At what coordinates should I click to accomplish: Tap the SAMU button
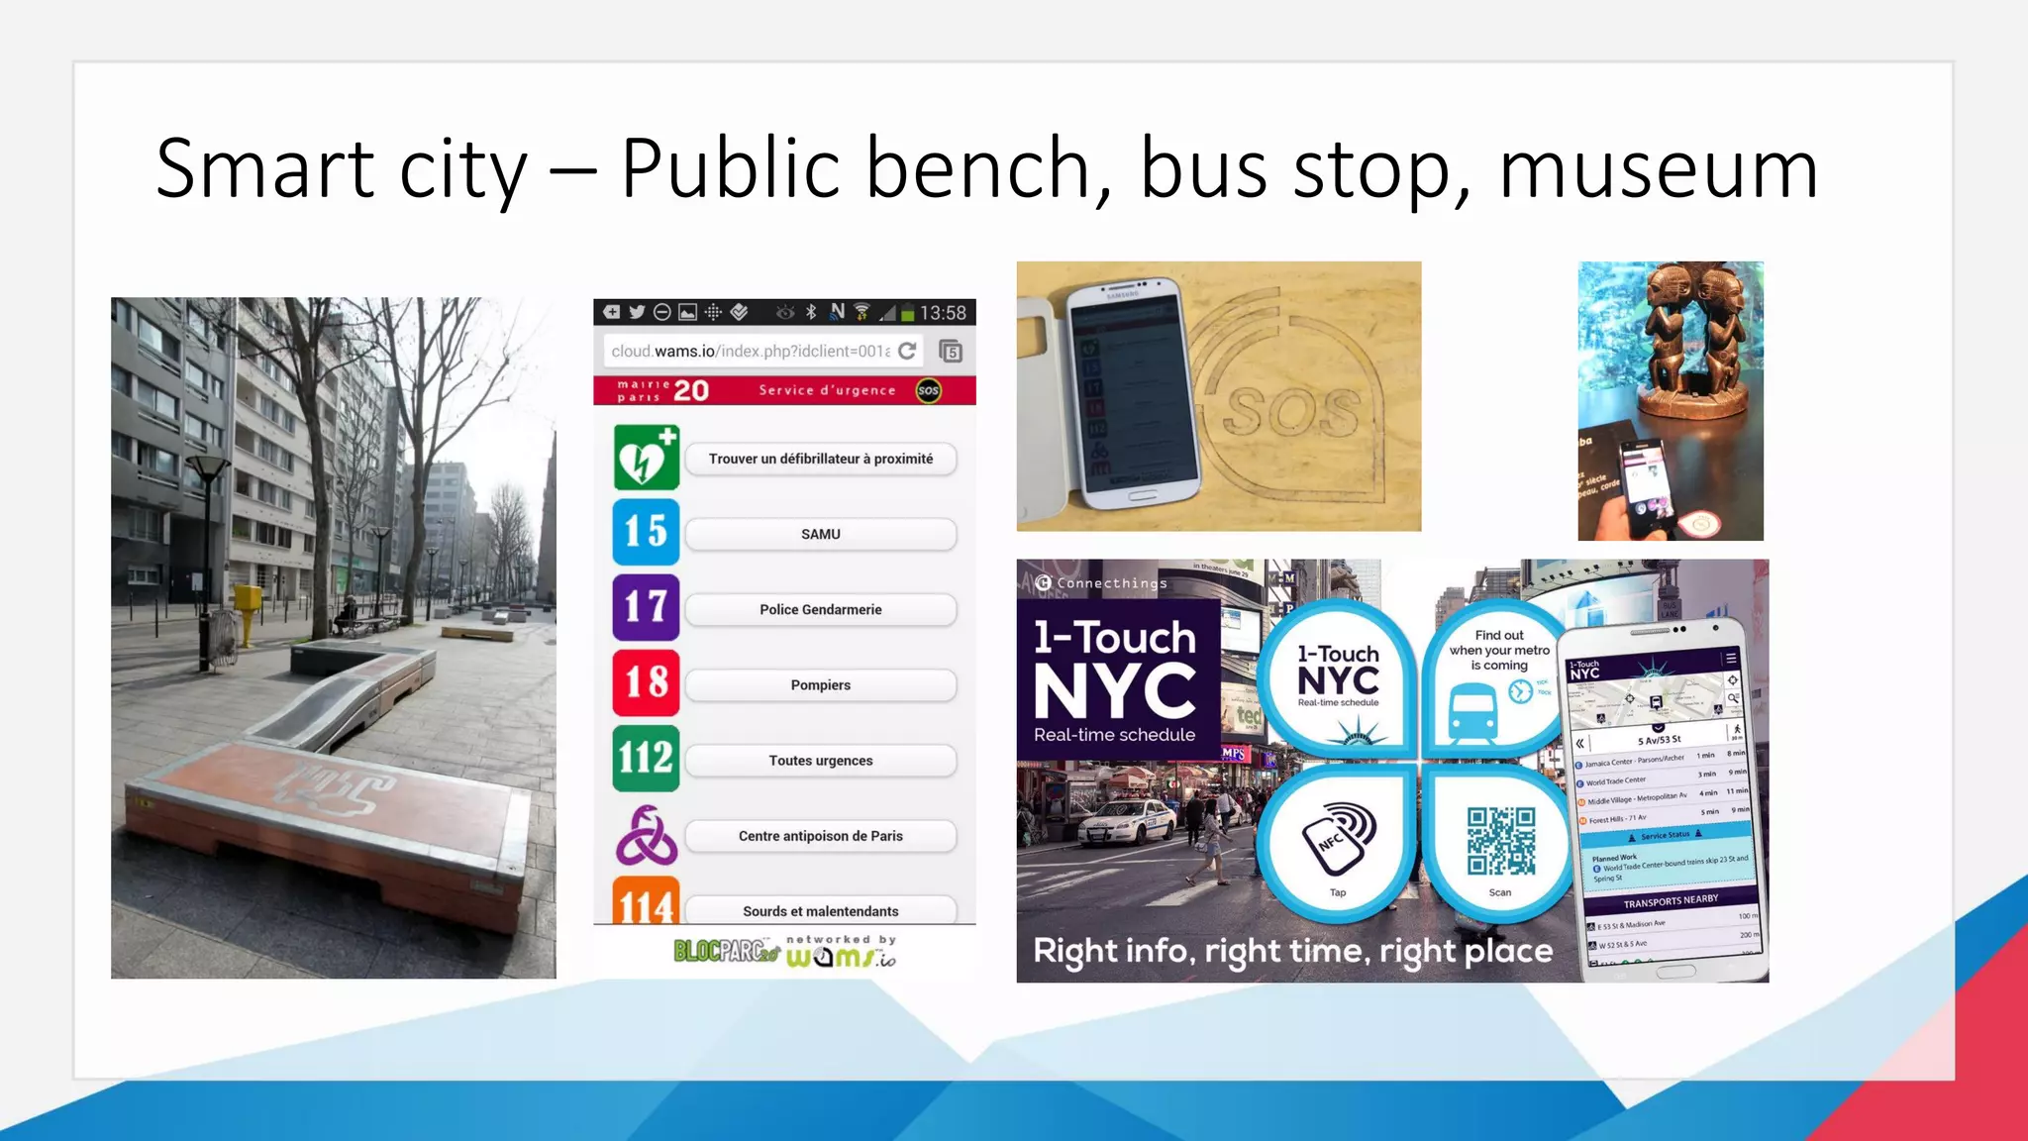coord(820,535)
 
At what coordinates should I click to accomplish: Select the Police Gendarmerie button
coord(820,610)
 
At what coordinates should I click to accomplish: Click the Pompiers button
coord(820,685)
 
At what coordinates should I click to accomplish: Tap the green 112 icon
coord(646,759)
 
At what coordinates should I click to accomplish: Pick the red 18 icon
coord(646,682)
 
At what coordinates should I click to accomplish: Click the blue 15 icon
coord(646,532)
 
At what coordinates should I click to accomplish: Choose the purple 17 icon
coord(646,607)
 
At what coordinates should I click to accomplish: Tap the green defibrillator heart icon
coord(646,458)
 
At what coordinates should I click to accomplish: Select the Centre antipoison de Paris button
coord(820,836)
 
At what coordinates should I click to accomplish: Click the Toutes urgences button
coord(820,761)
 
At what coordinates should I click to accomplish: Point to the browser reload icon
coord(907,351)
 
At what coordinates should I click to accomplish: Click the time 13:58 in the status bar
coord(942,313)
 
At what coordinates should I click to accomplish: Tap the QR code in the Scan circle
coord(1500,841)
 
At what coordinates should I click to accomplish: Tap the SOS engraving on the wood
coord(1292,412)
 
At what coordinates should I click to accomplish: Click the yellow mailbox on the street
coord(247,600)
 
